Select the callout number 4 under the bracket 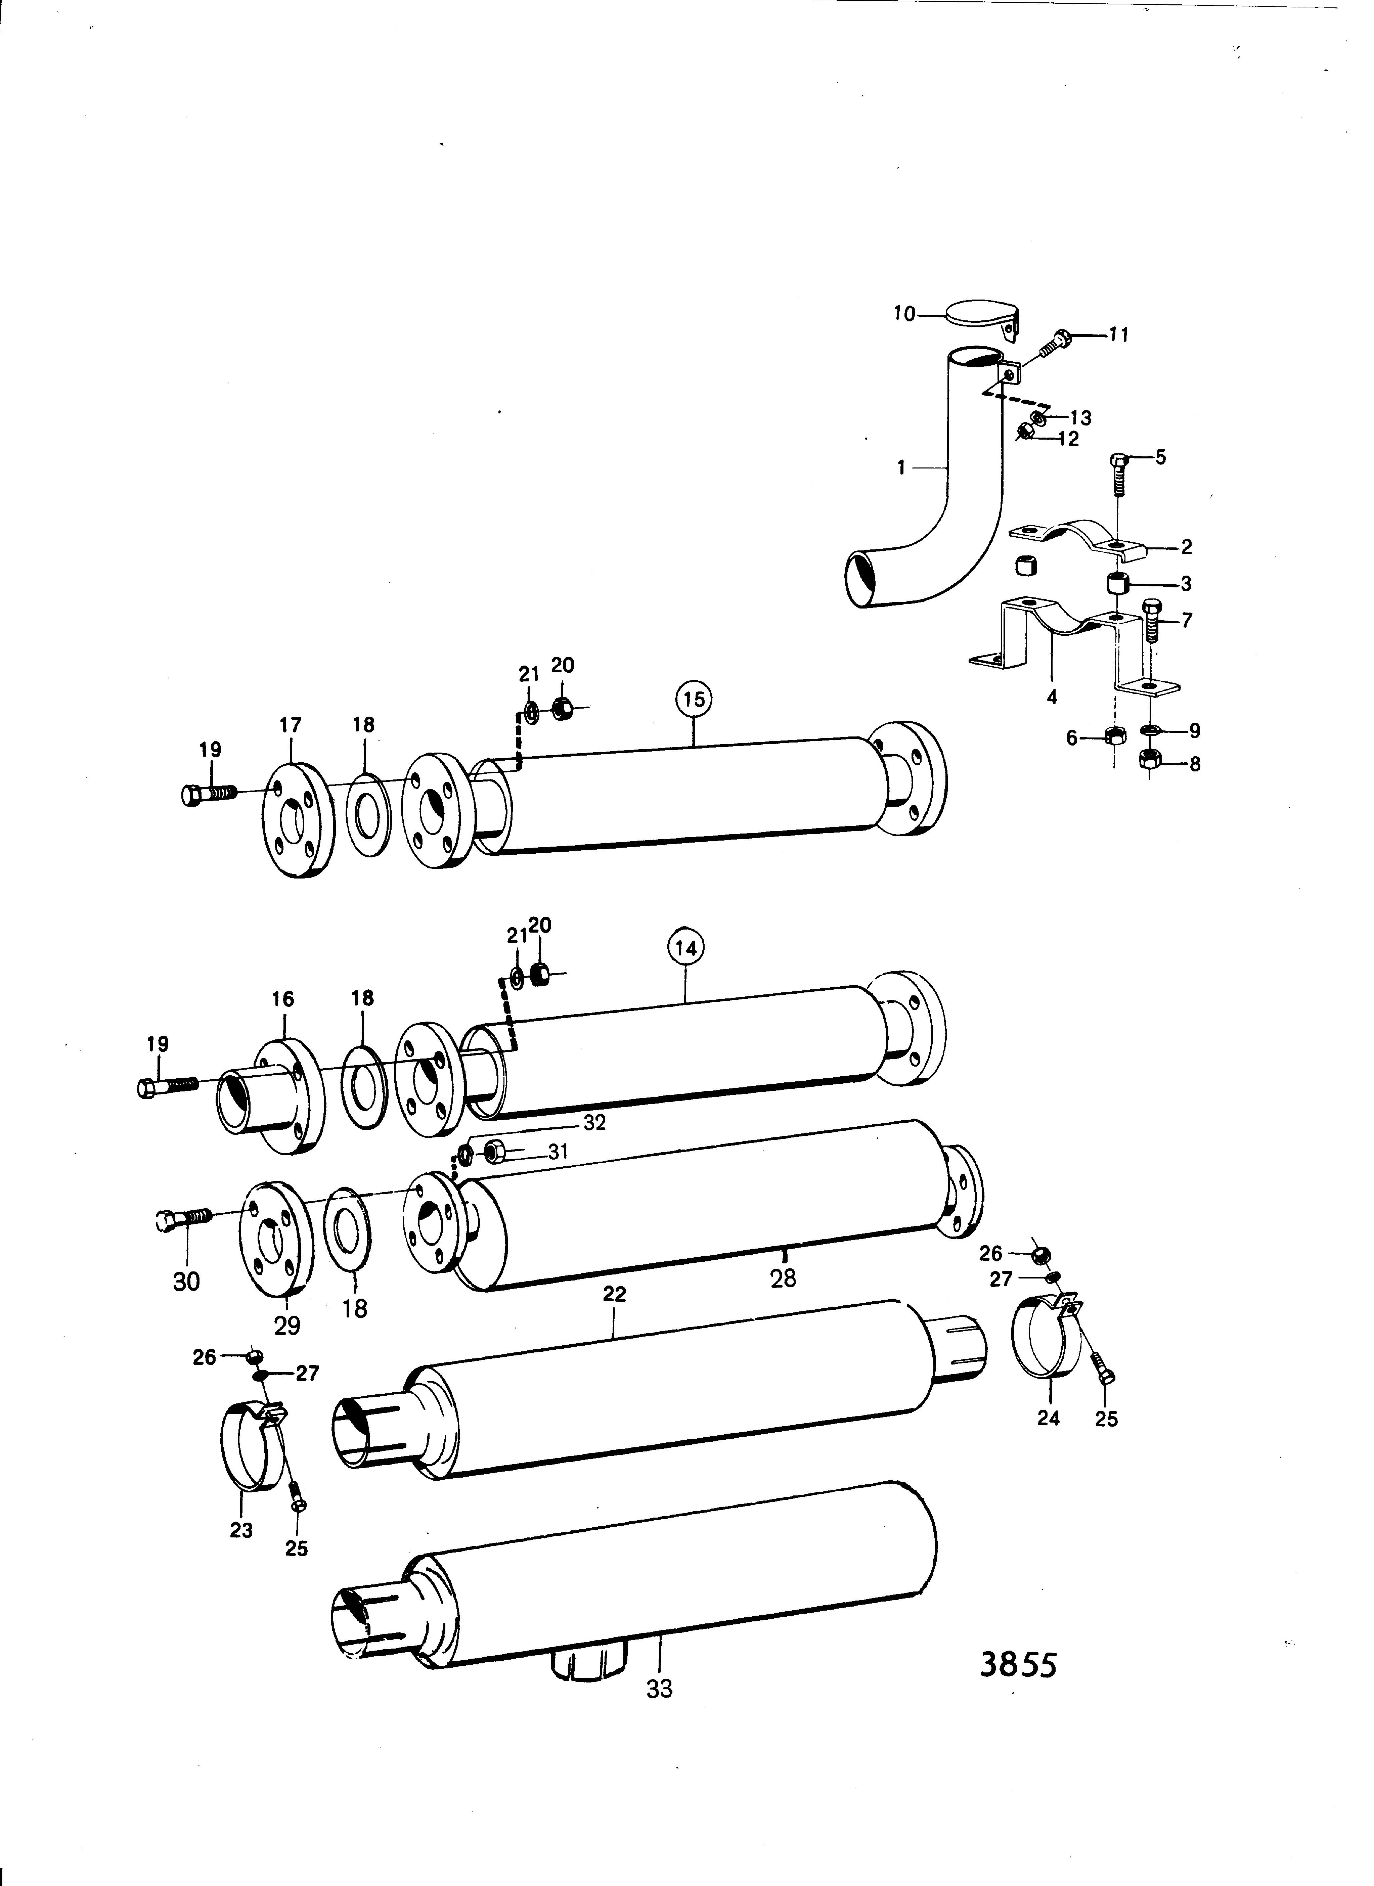(1052, 697)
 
